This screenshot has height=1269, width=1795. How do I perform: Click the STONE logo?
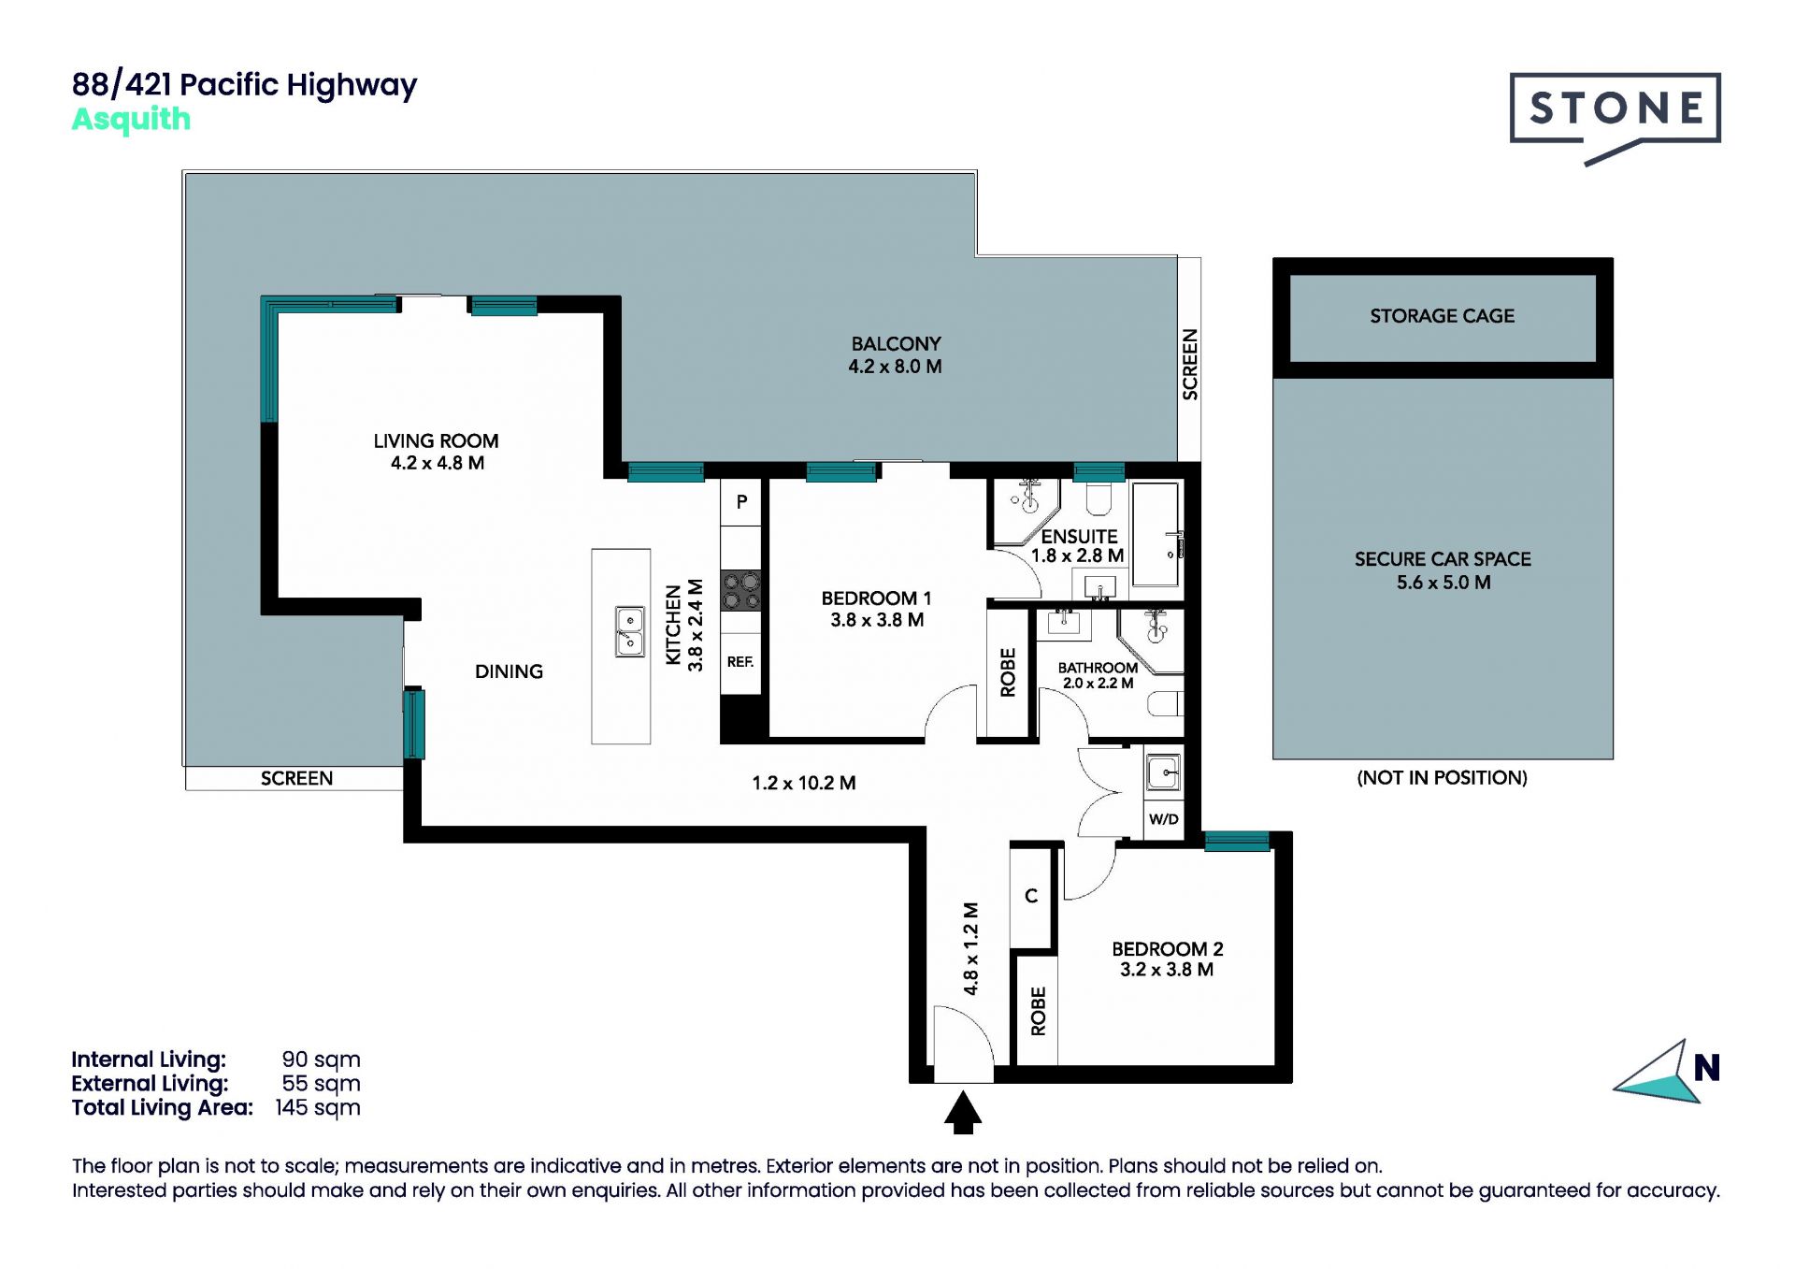point(1615,116)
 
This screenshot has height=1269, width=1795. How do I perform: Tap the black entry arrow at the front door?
point(963,1113)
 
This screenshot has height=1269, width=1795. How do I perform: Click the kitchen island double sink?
point(629,631)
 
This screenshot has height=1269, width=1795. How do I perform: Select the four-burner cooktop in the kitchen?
point(740,591)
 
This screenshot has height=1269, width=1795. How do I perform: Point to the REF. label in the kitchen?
point(740,662)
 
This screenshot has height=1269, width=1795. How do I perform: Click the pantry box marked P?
point(741,502)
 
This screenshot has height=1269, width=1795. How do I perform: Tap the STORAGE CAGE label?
point(1442,316)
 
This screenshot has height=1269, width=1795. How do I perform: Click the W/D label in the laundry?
point(1163,819)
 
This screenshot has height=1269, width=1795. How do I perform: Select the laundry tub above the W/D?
point(1164,773)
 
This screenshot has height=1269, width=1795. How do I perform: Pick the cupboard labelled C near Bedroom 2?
point(1031,896)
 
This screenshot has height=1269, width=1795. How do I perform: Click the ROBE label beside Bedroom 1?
point(1008,672)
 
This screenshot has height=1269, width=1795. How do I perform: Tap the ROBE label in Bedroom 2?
point(1038,1011)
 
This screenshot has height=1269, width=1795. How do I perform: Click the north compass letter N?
point(1706,1068)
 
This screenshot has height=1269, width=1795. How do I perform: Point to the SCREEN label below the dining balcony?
point(296,779)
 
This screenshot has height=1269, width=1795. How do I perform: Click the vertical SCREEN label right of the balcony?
point(1190,365)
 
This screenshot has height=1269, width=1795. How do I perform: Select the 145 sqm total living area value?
point(318,1108)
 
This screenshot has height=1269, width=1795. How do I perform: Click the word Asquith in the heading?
point(131,120)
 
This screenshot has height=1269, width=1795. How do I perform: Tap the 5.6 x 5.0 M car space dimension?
point(1443,583)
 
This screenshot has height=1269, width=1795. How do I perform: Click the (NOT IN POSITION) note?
point(1442,778)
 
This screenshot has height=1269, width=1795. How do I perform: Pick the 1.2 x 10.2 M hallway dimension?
point(804,784)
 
